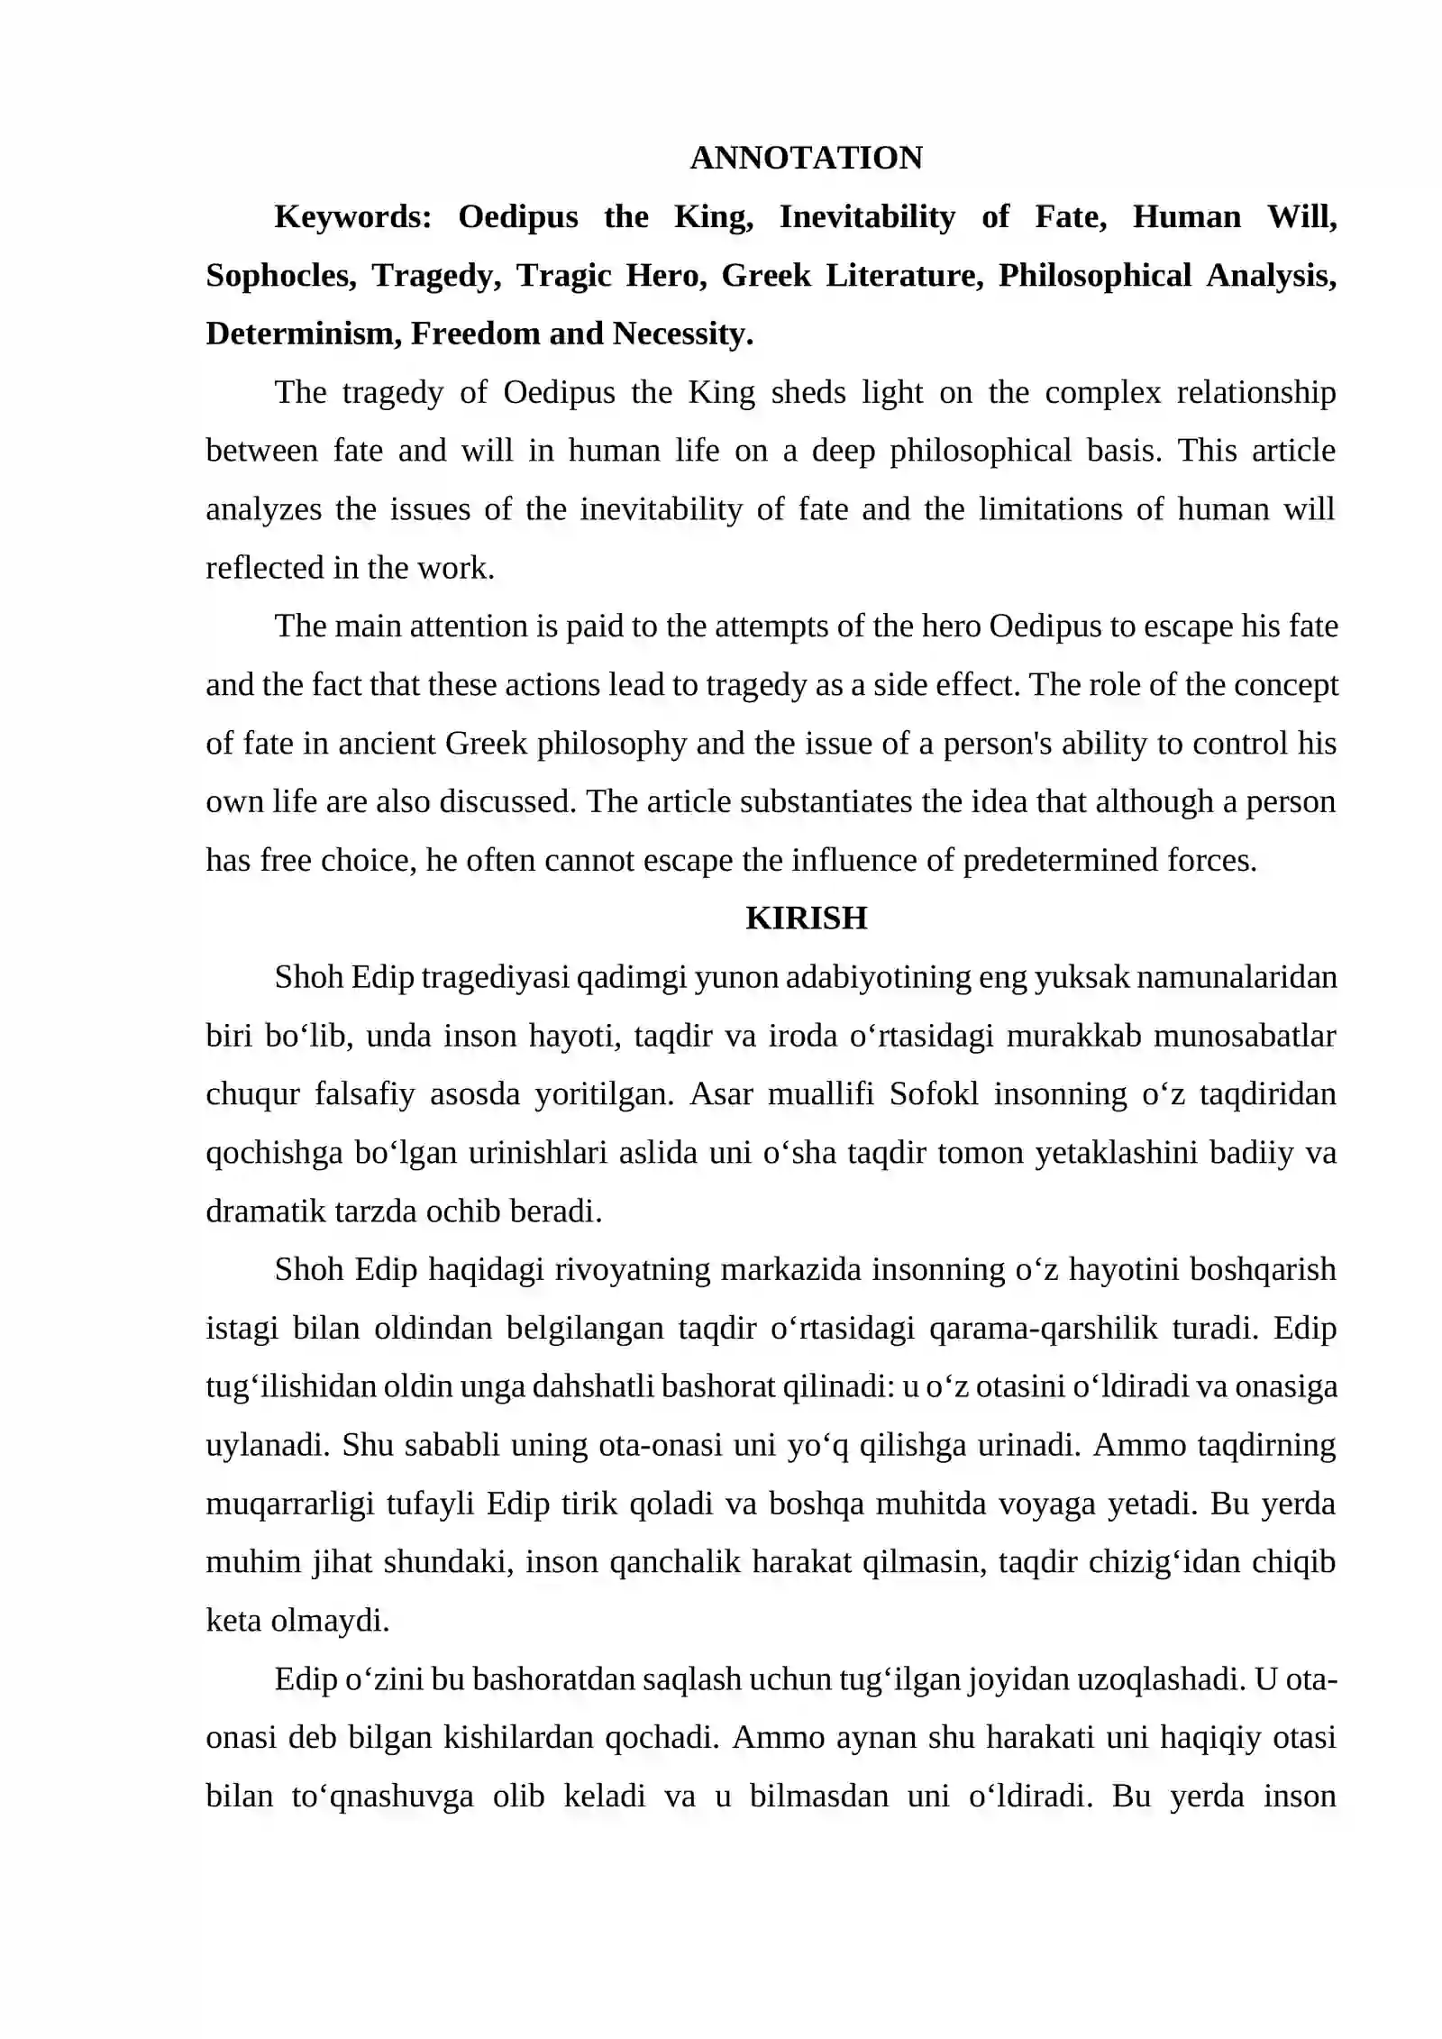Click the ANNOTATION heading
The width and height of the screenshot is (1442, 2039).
coord(806,158)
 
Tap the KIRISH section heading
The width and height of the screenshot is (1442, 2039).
coord(806,918)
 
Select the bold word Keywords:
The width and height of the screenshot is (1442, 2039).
coord(353,216)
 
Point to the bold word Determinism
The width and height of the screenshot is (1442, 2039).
coord(303,334)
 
